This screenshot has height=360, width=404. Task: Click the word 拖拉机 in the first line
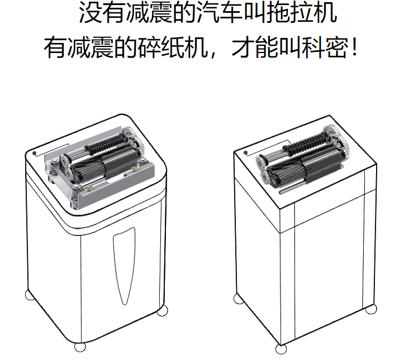pos(301,12)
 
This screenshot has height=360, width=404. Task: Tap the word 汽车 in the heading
pos(219,12)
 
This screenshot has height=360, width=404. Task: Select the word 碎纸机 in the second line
pos(173,47)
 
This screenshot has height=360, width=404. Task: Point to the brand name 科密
pos(325,47)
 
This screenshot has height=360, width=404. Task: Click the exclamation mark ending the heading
pos(355,47)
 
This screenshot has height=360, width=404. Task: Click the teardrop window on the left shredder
pos(124,266)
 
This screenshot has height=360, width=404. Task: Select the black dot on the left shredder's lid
pos(34,153)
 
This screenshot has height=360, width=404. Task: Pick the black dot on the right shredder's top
pos(245,153)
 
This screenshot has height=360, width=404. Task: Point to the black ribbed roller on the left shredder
pos(106,143)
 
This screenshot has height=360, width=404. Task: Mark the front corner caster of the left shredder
pos(80,347)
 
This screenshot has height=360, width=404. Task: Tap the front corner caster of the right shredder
pos(281,349)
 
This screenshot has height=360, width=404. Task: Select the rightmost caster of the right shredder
pos(371,309)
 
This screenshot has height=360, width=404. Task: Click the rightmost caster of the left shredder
pos(162,310)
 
